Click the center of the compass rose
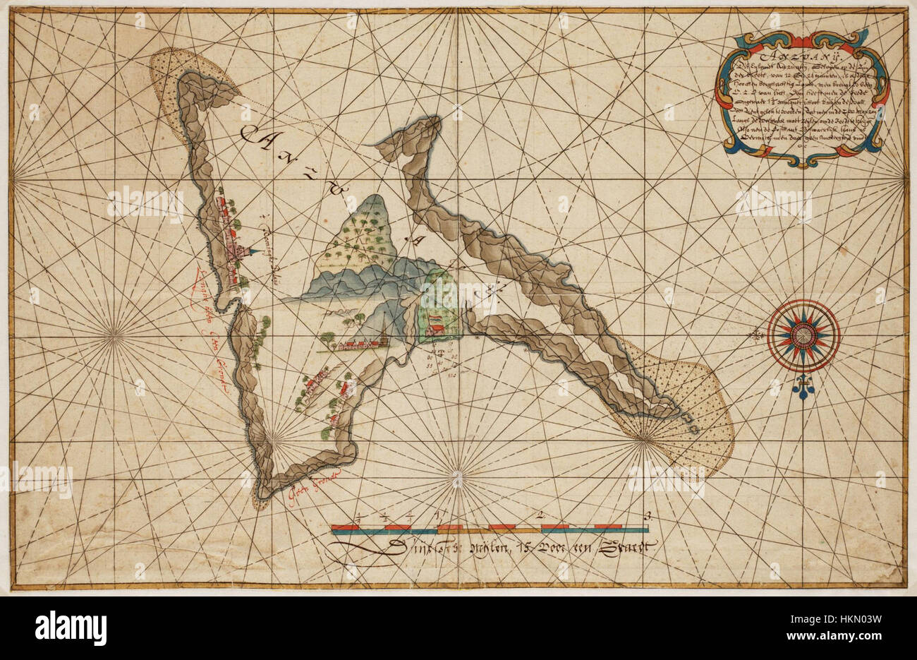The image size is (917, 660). [803, 335]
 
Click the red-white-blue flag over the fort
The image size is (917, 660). [437, 319]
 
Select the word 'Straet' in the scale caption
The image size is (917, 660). [624, 546]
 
